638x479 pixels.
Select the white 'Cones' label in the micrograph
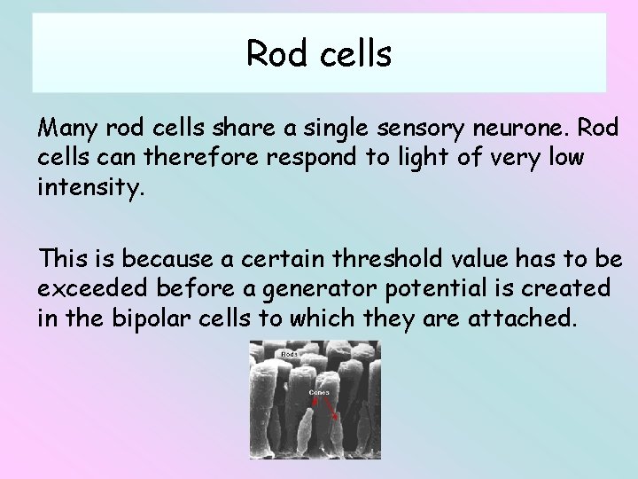point(318,391)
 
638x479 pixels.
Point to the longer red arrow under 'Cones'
point(332,409)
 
